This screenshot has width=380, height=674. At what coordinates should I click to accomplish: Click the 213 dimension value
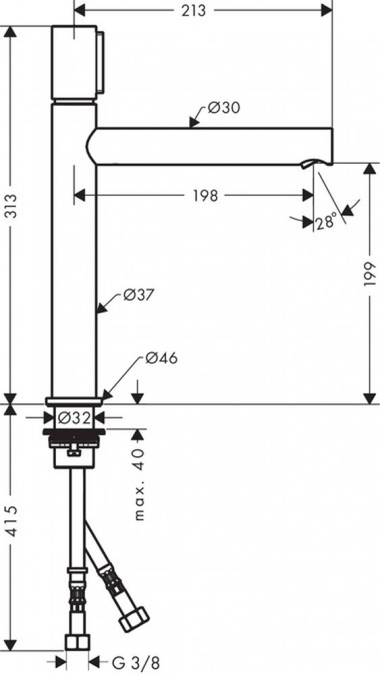(x=194, y=11)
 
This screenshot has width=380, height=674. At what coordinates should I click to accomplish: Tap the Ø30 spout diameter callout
(x=223, y=107)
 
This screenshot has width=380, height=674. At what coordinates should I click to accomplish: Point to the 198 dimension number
(x=205, y=195)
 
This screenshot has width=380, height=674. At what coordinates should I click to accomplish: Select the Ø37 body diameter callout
(x=138, y=295)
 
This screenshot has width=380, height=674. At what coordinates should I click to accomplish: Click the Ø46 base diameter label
(x=161, y=358)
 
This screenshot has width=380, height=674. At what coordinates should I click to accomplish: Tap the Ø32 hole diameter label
(x=74, y=417)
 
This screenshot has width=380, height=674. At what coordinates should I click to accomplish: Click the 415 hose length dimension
(x=11, y=521)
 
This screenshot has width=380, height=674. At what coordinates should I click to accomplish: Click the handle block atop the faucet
(x=74, y=62)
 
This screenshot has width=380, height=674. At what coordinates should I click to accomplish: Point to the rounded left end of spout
(x=90, y=146)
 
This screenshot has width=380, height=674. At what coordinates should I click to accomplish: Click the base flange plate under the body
(x=74, y=401)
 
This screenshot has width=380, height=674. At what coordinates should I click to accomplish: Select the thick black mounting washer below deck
(x=74, y=431)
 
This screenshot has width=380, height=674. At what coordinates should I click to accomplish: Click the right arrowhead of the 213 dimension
(x=327, y=11)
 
